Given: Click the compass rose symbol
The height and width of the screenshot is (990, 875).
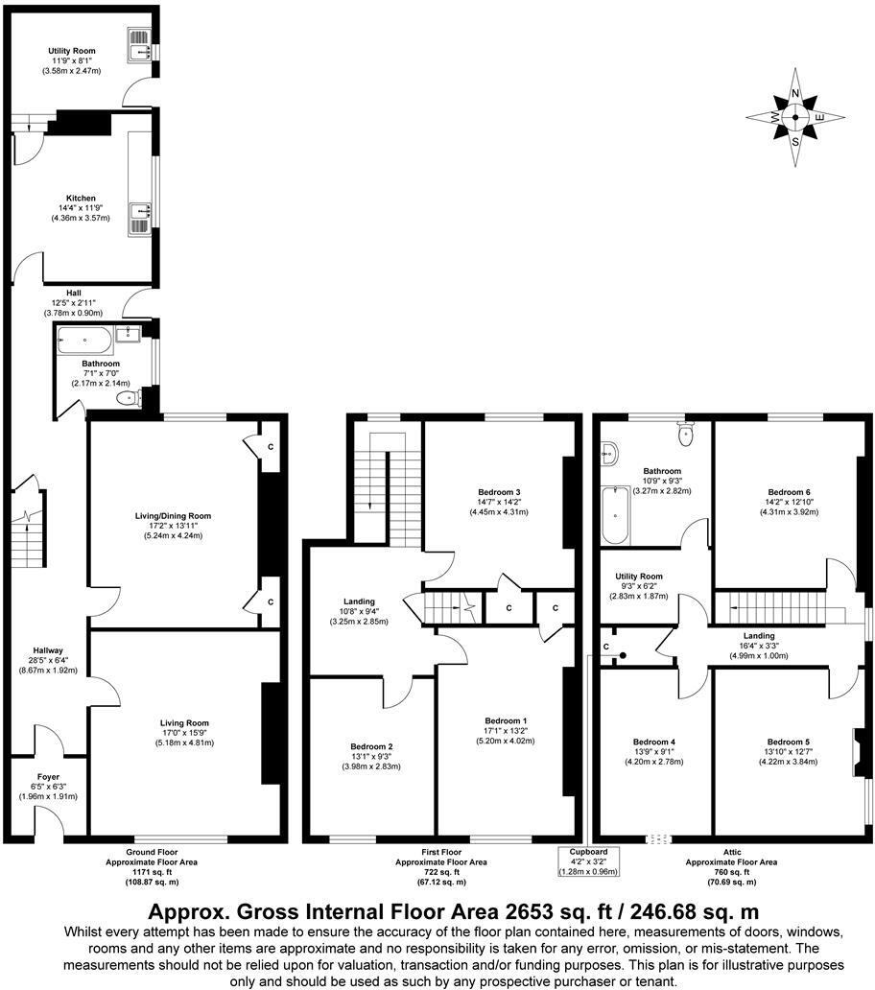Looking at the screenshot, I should [x=795, y=118].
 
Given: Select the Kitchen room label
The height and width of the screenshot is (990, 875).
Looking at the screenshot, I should [x=81, y=198].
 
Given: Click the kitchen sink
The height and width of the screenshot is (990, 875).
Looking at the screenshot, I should [x=139, y=213].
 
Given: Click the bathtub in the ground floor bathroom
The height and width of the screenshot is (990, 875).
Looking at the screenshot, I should [x=83, y=336].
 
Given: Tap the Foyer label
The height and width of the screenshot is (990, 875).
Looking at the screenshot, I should [x=49, y=776].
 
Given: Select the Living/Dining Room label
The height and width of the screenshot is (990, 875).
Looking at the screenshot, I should [x=173, y=515].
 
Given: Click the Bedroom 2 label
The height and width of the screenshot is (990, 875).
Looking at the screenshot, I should [x=372, y=746].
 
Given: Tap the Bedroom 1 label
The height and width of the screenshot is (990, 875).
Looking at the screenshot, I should [x=506, y=719].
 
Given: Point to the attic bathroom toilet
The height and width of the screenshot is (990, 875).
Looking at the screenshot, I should [x=685, y=435].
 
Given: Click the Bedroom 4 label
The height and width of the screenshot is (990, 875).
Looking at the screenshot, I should [x=654, y=741].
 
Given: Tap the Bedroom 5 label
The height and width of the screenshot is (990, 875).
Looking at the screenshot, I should [x=788, y=741].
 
